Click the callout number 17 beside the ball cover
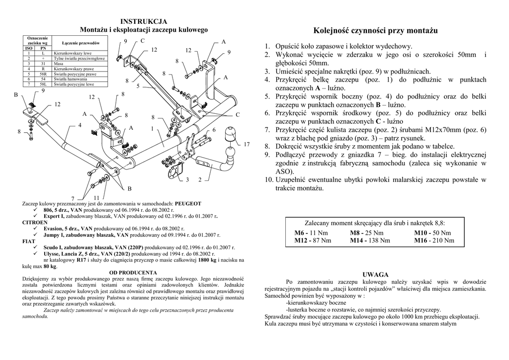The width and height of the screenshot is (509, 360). pyautogui.click(x=247, y=144)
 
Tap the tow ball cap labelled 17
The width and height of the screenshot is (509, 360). pyautogui.click(x=231, y=135)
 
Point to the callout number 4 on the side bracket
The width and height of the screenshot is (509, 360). pyautogui.click(x=80, y=125)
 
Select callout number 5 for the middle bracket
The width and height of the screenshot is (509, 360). pyautogui.click(x=138, y=86)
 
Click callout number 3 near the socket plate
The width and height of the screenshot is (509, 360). pyautogui.click(x=187, y=180)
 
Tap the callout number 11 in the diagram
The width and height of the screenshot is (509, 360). pyautogui.click(x=97, y=197)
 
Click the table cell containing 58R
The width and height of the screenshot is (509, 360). pyautogui.click(x=43, y=74)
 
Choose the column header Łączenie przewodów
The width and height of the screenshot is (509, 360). pyautogui.click(x=81, y=44)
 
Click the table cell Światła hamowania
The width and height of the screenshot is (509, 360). pyautogui.click(x=71, y=79)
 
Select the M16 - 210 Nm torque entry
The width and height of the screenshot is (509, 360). pyautogui.click(x=434, y=241)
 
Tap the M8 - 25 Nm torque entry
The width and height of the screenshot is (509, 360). pyautogui.click(x=367, y=233)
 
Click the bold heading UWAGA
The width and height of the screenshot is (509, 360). pyautogui.click(x=375, y=274)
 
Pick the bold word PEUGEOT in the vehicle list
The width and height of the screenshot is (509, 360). pyautogui.click(x=188, y=204)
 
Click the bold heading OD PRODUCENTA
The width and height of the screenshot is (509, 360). pyautogui.click(x=133, y=272)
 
